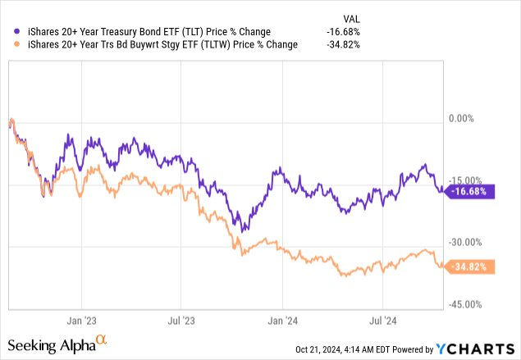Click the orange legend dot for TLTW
point(11,45)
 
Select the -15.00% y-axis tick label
point(467,180)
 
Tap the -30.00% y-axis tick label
point(467,242)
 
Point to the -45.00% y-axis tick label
point(467,304)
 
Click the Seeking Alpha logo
point(58,344)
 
